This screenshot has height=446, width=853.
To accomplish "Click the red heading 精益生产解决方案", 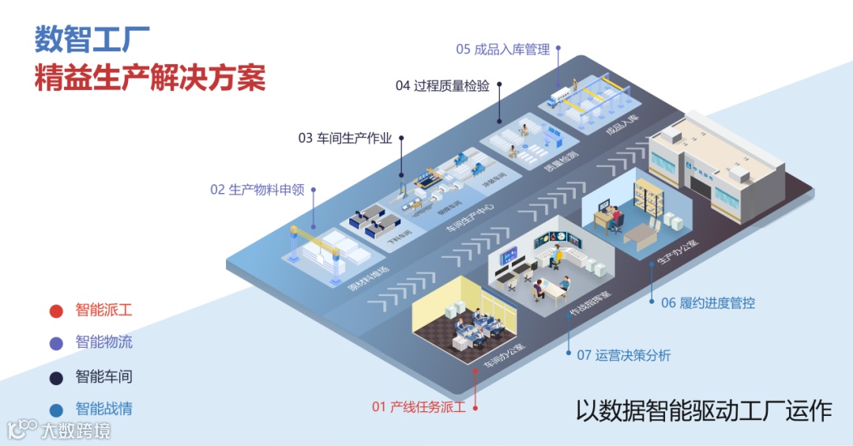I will coord(149,78).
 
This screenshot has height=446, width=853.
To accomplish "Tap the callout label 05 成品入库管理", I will coord(502,49).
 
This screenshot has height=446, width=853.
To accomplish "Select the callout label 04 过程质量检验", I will coord(442,86).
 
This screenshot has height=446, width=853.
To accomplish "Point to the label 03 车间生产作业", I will coord(344,138).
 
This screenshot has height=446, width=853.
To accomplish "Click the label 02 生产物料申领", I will coord(257,190).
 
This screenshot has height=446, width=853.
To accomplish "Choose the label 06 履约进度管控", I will coord(708,303).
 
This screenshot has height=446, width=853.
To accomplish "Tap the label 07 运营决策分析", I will coord(623,356).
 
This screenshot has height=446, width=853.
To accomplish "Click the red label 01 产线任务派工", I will coord(419,407).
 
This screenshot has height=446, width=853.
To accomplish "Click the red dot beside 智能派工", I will coord(56,311).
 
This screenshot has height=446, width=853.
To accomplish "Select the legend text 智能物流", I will coord(104,342).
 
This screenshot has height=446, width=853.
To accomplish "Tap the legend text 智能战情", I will coord(104,409).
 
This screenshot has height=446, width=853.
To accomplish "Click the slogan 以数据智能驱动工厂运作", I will coord(703,411).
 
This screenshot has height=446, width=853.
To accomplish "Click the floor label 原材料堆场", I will coord(368,277).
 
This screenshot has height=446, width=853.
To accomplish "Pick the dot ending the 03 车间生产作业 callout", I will coord(401,138).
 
